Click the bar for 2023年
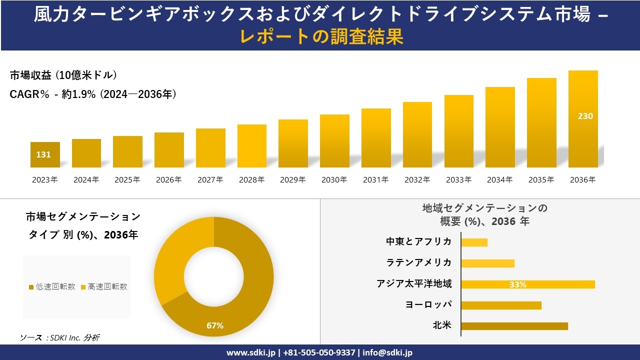coord(45,154)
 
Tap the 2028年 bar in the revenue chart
coord(251,146)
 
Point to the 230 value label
coord(585,116)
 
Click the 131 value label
coord(43,154)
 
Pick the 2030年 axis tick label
coord(334,180)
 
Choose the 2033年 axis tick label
coord(458,180)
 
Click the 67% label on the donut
coord(215,326)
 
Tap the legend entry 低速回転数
coord(52,286)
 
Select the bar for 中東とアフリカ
coord(474,242)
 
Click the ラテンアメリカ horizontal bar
coord(487,263)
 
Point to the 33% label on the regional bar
coord(517,284)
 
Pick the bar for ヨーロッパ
coord(501,305)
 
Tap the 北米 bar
coord(514,326)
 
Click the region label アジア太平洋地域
coord(414,284)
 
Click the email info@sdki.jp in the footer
coord(388,352)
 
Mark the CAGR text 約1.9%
coord(78,94)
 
